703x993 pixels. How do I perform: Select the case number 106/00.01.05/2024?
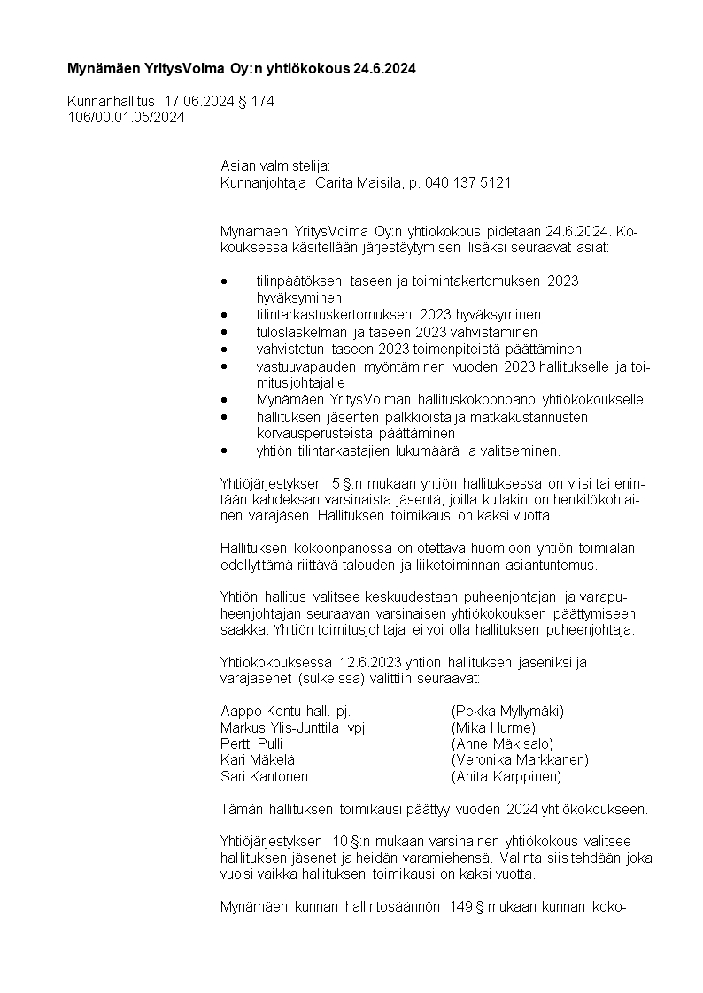(126, 117)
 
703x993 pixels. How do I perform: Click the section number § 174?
(256, 101)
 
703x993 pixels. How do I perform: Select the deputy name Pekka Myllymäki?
(507, 711)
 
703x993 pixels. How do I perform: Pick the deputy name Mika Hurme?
(493, 727)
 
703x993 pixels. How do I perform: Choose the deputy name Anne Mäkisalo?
(502, 743)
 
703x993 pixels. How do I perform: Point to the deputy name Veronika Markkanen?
(520, 759)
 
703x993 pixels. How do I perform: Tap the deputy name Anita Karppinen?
(506, 776)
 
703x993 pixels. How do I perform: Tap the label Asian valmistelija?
(274, 165)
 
